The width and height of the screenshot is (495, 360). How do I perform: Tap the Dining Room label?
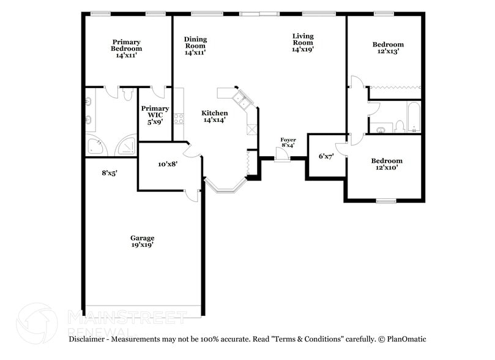pyautogui.click(x=195, y=46)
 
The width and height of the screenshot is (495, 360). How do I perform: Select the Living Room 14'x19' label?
pyautogui.click(x=302, y=43)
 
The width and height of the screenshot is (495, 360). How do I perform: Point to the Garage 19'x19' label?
pyautogui.click(x=142, y=241)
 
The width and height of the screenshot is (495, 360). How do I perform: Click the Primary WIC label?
pyautogui.click(x=155, y=115)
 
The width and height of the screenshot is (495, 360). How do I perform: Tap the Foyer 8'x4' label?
pyautogui.click(x=288, y=143)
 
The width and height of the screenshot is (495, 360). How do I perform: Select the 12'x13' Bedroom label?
pyautogui.click(x=388, y=48)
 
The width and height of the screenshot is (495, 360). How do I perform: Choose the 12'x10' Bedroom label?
pyautogui.click(x=387, y=164)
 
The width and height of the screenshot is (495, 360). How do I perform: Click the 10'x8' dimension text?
pyautogui.click(x=168, y=164)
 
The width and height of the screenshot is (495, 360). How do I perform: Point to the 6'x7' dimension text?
pyautogui.click(x=326, y=156)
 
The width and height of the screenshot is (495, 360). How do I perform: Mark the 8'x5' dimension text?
pyautogui.click(x=110, y=173)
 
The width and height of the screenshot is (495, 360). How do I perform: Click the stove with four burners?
pyautogui.click(x=179, y=118)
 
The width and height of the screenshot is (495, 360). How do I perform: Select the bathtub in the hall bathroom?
pyautogui.click(x=414, y=118)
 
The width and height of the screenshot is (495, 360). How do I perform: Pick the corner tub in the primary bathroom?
pyautogui.click(x=95, y=146)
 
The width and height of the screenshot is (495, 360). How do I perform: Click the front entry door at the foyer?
pyautogui.click(x=281, y=156)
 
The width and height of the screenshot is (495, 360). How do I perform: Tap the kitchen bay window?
pyautogui.click(x=225, y=187)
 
